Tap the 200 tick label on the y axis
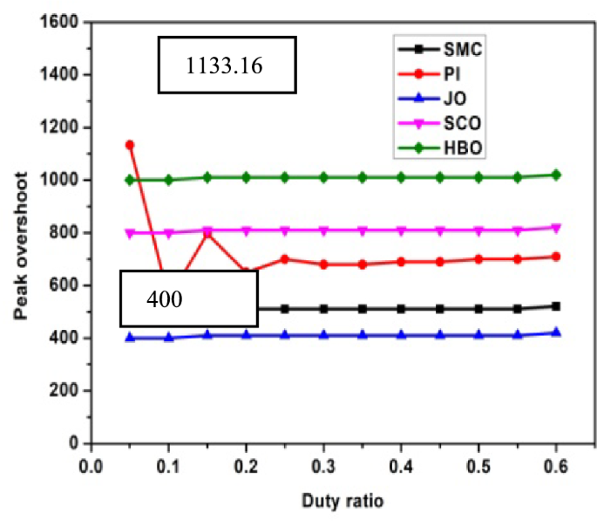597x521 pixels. (x=64, y=391)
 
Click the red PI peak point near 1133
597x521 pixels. (x=130, y=145)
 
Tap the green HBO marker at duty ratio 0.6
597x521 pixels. (x=556, y=175)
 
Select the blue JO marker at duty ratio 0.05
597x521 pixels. (x=130, y=338)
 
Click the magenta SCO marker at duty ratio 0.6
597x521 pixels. (x=556, y=228)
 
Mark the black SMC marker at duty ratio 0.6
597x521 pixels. (x=556, y=306)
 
